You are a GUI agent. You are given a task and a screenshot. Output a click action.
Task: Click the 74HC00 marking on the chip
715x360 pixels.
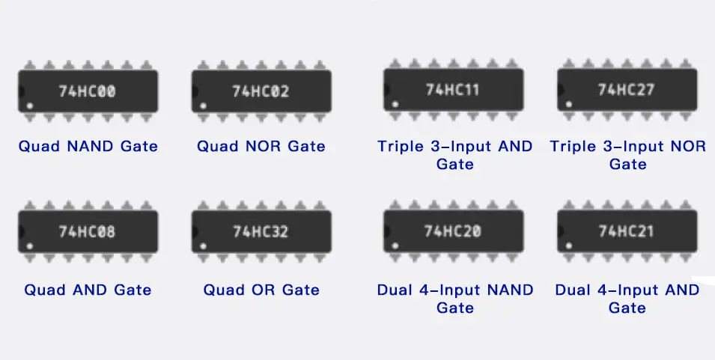click(88, 91)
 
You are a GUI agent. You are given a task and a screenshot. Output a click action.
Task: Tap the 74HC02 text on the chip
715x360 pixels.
click(261, 91)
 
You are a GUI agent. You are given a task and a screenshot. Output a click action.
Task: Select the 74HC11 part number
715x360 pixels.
click(452, 90)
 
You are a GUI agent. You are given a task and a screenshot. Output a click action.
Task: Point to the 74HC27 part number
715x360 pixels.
click(626, 90)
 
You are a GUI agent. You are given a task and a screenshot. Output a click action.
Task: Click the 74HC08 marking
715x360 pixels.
click(88, 231)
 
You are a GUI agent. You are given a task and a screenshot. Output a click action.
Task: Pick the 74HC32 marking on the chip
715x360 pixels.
click(261, 231)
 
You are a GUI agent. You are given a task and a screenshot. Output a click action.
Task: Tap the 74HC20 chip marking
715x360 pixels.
click(452, 231)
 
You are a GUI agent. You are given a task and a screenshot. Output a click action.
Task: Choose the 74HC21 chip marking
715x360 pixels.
click(626, 231)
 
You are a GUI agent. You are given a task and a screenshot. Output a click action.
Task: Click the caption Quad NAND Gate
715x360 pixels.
click(88, 146)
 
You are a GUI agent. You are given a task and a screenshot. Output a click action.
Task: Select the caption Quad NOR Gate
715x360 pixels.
click(261, 146)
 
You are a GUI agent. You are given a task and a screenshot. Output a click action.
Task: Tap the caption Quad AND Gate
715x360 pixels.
click(88, 290)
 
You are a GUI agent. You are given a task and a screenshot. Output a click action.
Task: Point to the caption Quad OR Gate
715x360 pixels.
click(261, 290)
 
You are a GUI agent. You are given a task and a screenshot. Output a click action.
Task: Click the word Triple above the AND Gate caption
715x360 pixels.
click(401, 146)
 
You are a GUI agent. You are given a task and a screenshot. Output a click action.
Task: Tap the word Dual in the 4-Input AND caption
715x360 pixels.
click(573, 290)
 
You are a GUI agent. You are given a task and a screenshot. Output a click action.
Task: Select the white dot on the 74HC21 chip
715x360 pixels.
click(569, 245)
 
